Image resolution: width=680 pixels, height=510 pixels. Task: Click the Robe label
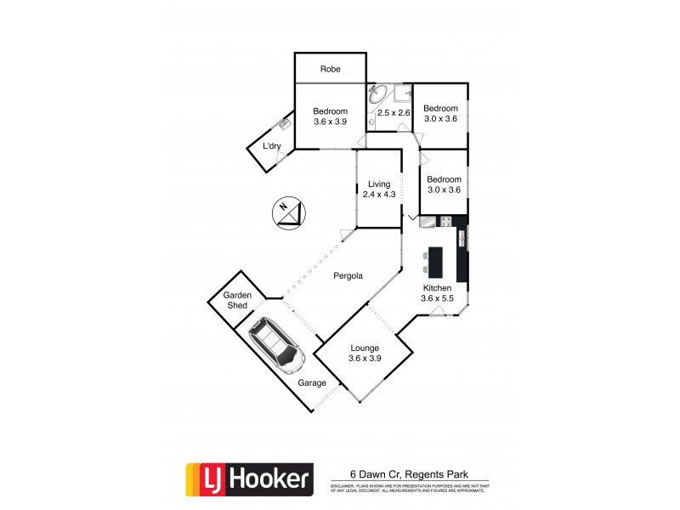pos(331,69)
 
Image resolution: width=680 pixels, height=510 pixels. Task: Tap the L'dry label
pos(271,146)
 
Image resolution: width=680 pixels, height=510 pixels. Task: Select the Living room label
pos(379,184)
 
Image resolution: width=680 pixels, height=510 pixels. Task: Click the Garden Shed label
pos(237,301)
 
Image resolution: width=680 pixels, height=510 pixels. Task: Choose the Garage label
pos(312,383)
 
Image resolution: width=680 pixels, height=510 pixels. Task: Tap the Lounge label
pos(365,348)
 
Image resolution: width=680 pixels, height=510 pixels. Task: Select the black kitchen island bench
pos(436,261)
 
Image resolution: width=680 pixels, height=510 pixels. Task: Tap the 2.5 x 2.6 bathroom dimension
pos(394,113)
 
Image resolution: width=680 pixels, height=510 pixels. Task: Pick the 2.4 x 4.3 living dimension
pos(379,195)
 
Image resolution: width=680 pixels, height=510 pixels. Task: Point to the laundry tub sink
pos(285,125)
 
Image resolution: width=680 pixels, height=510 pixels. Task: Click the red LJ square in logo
pos(201,479)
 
